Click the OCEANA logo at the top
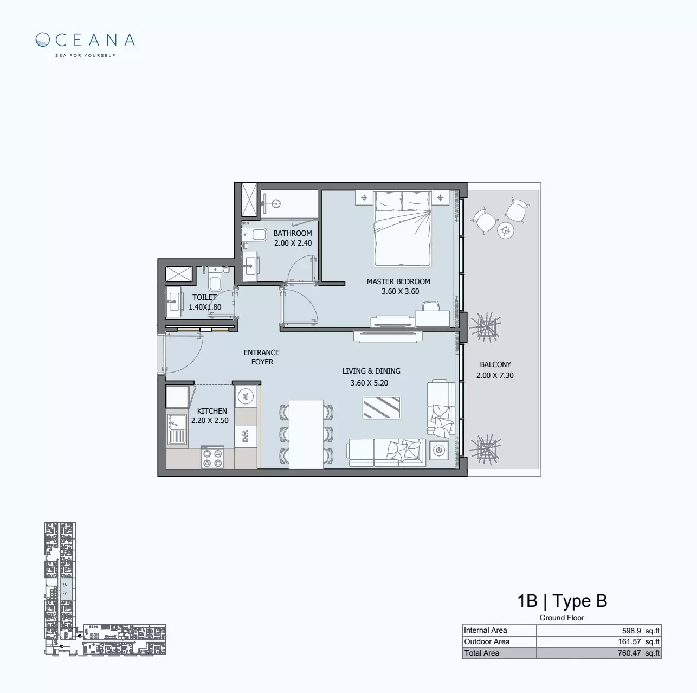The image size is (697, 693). [85, 41]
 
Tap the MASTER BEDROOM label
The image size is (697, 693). [398, 281]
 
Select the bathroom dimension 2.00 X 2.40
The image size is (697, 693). [293, 243]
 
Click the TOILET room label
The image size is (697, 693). [204, 297]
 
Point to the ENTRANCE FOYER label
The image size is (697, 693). [262, 357]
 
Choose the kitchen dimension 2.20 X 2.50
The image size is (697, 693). [210, 420]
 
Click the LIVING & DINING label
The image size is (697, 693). [371, 371]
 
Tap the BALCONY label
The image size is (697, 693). [495, 364]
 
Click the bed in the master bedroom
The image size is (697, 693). [402, 228]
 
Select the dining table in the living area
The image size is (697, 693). [306, 434]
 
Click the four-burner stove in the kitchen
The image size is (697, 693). [212, 457]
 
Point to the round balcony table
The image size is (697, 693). [506, 230]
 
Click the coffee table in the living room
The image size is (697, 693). [382, 407]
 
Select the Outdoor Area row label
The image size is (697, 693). [487, 641]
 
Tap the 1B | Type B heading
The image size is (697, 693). [562, 601]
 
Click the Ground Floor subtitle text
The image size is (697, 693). [562, 618]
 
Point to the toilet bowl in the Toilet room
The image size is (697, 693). [215, 282]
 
